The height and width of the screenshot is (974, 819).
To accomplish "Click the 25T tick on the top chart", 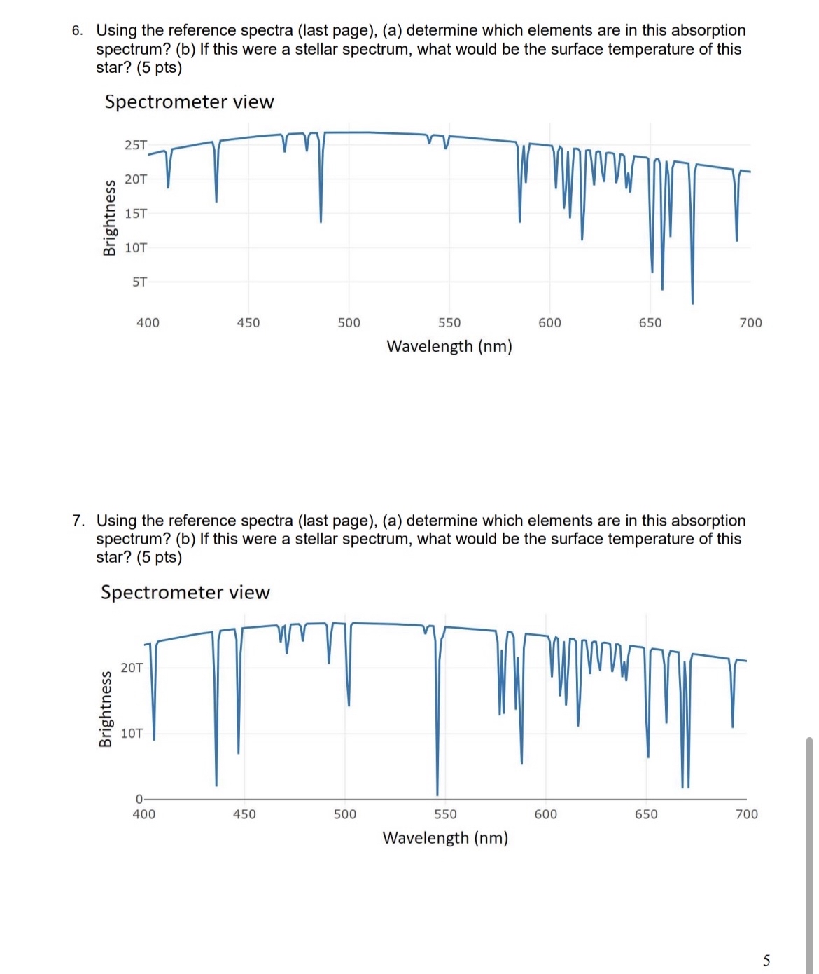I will click(136, 145).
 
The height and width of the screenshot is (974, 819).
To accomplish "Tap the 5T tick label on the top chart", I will click(140, 282).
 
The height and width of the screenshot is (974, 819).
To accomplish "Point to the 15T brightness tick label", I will click(136, 214).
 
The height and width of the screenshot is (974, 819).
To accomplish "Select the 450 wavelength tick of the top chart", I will click(248, 323).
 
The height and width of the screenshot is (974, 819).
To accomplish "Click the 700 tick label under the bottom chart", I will click(746, 814).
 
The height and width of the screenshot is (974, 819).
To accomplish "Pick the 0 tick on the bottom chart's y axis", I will click(139, 799).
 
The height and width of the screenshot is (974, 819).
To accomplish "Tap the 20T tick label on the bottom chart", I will click(132, 668).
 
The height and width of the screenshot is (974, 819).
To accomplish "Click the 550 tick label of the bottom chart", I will click(445, 814).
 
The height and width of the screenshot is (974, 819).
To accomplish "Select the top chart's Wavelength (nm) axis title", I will click(449, 346).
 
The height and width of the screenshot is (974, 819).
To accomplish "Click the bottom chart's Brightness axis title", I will click(106, 709).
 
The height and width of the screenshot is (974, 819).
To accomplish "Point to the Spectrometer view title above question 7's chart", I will click(185, 593).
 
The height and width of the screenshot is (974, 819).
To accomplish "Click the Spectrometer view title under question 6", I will click(189, 102).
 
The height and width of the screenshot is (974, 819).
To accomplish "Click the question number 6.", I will click(77, 31).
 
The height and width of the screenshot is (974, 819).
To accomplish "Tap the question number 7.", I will click(78, 521).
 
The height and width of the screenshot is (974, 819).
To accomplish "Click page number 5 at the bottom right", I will click(766, 960).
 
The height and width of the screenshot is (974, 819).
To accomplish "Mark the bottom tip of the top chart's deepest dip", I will click(692, 303).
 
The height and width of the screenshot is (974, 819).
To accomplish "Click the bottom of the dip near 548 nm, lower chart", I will click(437, 795).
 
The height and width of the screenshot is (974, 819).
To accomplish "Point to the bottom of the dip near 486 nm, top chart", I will click(321, 221).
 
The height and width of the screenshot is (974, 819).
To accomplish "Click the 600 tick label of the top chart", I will click(549, 323).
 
